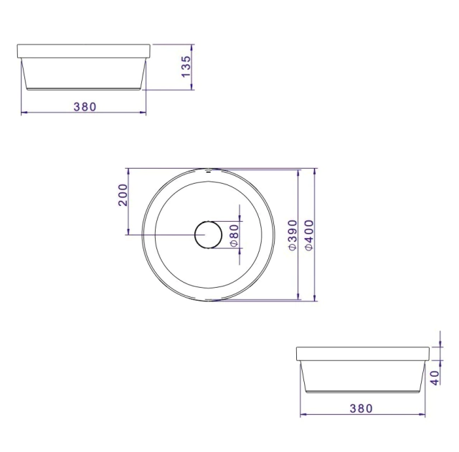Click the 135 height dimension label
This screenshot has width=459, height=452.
pyautogui.click(x=186, y=67)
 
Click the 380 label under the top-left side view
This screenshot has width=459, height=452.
pyautogui.click(x=85, y=107)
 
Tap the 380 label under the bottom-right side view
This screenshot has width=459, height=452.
pyautogui.click(x=361, y=408)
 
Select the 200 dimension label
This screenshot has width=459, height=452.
pyautogui.click(x=123, y=195)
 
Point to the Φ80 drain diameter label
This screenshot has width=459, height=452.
pyautogui.click(x=235, y=235)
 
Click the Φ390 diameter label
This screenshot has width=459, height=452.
pyautogui.click(x=293, y=235)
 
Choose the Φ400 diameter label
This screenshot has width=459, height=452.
pyautogui.click(x=309, y=235)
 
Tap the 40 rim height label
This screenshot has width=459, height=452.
pyautogui.click(x=435, y=378)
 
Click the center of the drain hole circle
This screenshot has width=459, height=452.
pyautogui.click(x=209, y=235)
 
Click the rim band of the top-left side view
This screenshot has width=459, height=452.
pyautogui.click(x=84, y=51)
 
